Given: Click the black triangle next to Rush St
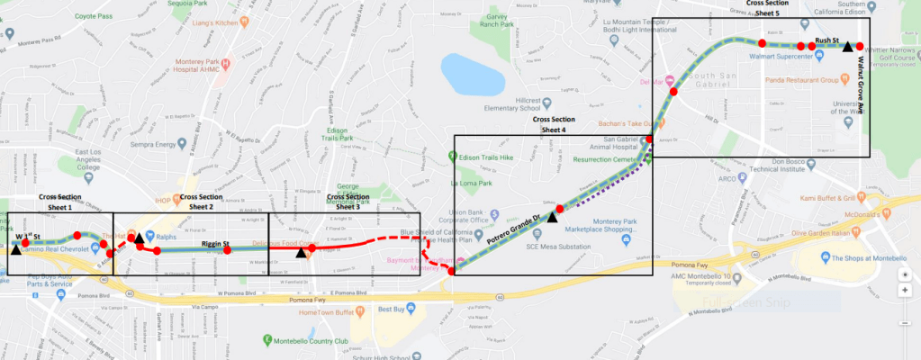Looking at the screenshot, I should tap(847, 47).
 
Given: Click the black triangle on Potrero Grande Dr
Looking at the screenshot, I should tap(553, 217).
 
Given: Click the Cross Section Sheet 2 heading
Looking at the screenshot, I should tap(201, 202).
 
